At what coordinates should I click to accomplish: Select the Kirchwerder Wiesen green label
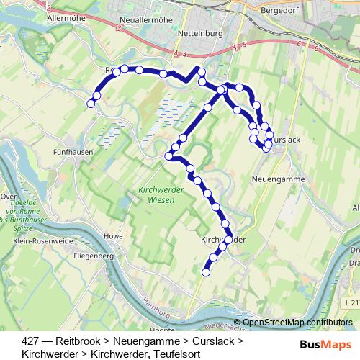click(158, 195)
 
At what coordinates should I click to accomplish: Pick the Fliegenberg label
click(95, 256)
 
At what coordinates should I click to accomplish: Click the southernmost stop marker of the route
click(206, 272)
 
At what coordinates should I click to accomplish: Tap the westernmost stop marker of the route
click(91, 104)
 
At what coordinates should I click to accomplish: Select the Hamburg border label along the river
click(154, 304)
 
